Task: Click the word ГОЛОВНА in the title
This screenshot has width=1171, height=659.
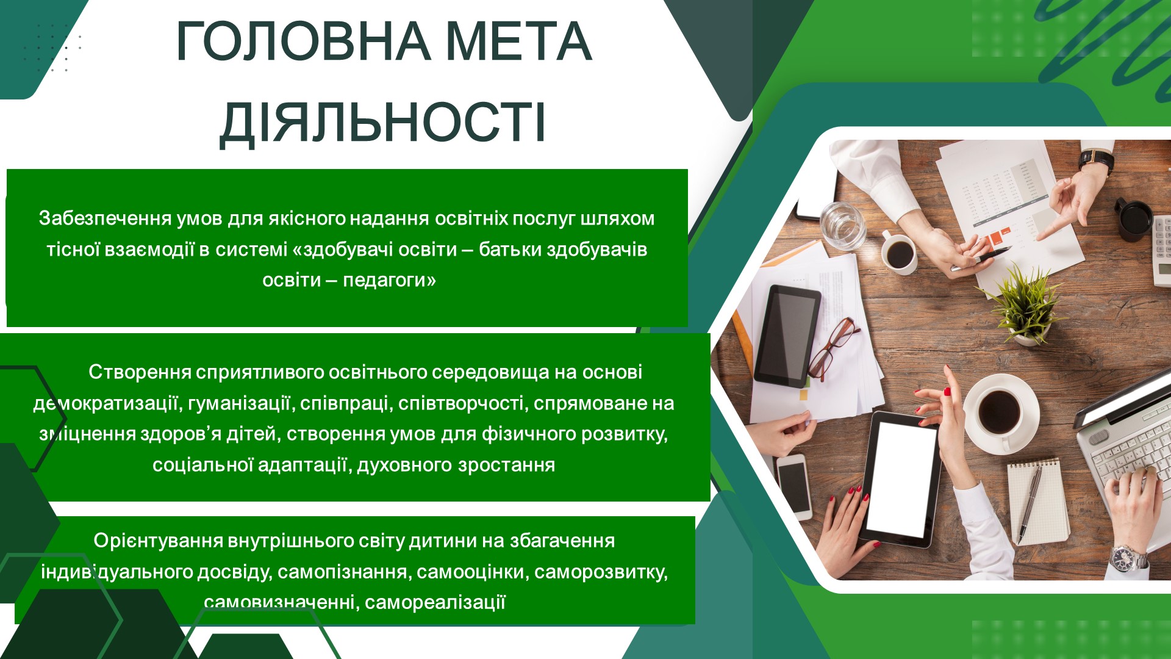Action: [x=303, y=41]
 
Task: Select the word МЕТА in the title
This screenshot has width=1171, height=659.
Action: [x=520, y=41]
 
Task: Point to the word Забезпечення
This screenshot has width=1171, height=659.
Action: [x=106, y=218]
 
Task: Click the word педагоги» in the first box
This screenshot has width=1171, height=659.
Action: [x=390, y=281]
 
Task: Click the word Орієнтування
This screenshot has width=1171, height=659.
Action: [x=159, y=541]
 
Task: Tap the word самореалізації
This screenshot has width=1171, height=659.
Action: [x=435, y=603]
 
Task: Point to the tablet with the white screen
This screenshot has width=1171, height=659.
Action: [x=900, y=478]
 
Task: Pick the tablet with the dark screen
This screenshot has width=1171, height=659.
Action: [x=787, y=336]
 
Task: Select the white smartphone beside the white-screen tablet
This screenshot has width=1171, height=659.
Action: [x=793, y=486]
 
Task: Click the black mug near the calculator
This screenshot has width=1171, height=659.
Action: [x=1134, y=220]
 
